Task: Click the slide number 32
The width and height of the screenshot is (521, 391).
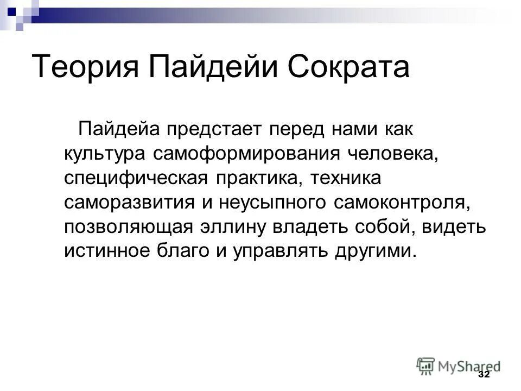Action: [x=484, y=376]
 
